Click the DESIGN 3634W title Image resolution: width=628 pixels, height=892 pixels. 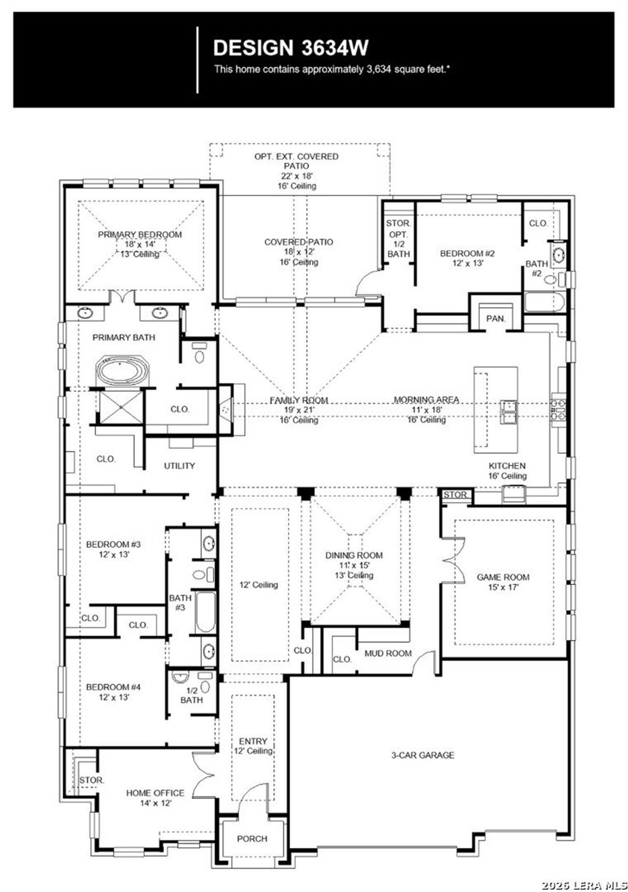(x=290, y=48)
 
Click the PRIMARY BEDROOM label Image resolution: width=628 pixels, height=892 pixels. (x=140, y=235)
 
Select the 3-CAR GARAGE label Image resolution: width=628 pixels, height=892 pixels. (x=422, y=755)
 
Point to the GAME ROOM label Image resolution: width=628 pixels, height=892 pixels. (x=503, y=577)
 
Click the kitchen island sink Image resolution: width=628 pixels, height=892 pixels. (x=508, y=411)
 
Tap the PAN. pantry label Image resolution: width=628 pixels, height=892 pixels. (x=496, y=319)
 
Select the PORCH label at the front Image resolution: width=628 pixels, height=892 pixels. (x=252, y=838)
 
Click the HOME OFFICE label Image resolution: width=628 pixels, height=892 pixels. (x=155, y=793)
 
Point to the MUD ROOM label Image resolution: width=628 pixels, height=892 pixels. (x=388, y=653)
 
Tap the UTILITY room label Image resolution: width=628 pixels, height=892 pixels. (x=179, y=465)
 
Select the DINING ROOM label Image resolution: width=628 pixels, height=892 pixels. (x=354, y=555)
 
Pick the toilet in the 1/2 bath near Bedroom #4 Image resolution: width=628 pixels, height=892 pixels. (x=205, y=686)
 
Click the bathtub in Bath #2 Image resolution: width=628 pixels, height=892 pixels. (x=544, y=302)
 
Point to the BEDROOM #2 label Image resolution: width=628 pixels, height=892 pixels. (x=467, y=253)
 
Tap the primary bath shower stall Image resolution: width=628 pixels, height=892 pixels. (x=120, y=407)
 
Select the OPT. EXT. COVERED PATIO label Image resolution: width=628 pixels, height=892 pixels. (x=296, y=161)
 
